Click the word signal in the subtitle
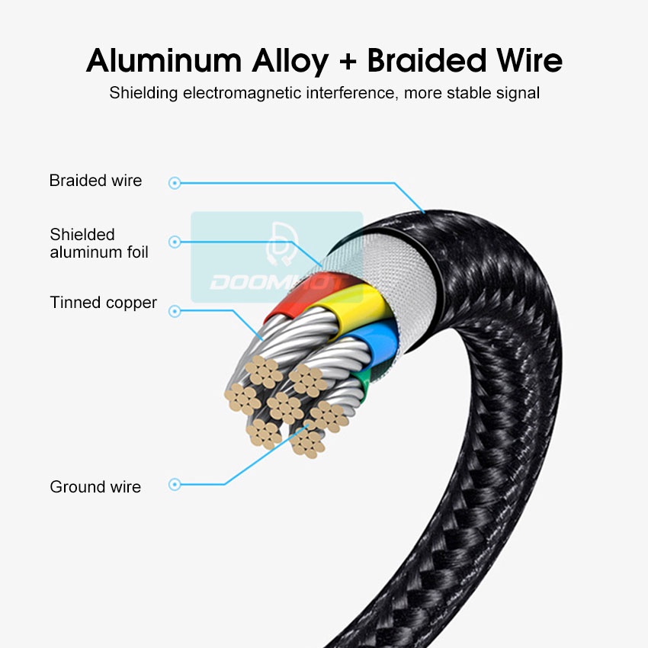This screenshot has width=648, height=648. [515, 95]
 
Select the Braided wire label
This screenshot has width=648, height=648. [95, 181]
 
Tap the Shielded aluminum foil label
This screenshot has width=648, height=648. [99, 243]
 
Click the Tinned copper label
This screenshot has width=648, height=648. [103, 303]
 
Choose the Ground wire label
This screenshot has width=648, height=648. [95, 487]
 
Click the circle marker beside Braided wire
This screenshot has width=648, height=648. [175, 183]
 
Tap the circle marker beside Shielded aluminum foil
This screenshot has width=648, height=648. [175, 242]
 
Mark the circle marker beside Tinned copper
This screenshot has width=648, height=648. [175, 311]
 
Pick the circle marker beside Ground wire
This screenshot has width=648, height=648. [175, 484]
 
